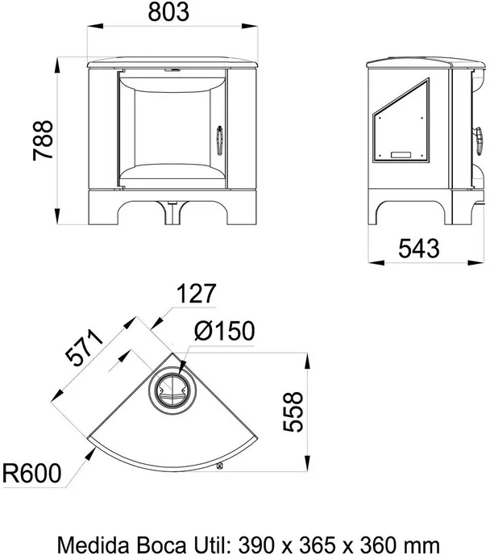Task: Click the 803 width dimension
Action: point(168,11)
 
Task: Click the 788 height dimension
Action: point(43,140)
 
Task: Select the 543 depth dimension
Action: point(418,249)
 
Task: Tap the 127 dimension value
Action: point(197,293)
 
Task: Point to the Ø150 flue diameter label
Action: point(225,331)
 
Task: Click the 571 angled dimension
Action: point(84,348)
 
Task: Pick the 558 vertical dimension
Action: point(293,412)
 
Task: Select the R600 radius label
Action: point(32,473)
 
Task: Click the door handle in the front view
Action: point(220,140)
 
